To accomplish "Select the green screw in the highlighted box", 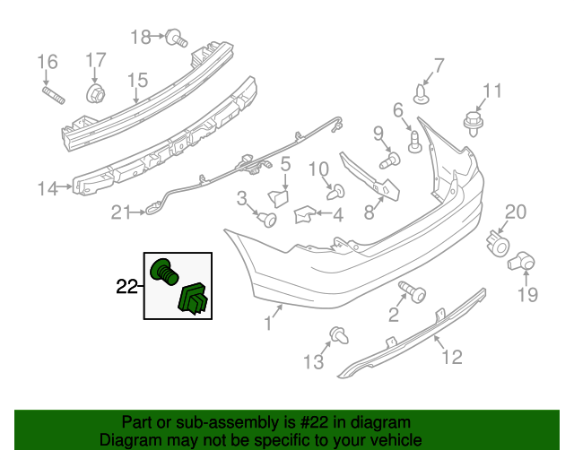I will click(164, 270).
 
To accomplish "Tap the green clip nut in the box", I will click(195, 299).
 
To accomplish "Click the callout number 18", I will click(141, 37).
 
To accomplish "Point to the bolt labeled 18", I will click(174, 38).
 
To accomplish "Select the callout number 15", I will click(136, 82).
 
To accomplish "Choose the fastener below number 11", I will click(471, 119).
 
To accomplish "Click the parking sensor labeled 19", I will click(521, 263).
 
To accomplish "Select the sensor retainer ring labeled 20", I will click(496, 240).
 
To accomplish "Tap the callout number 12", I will click(452, 358).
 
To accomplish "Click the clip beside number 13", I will click(339, 335).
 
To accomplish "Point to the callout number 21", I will click(121, 212).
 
